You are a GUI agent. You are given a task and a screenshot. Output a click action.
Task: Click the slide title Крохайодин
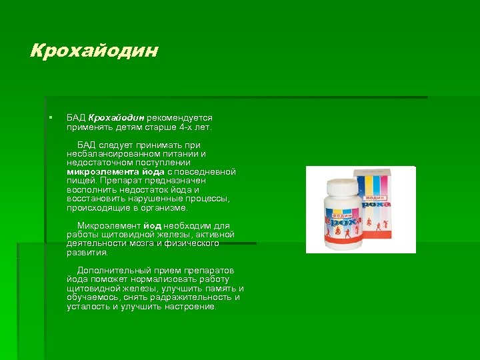95,51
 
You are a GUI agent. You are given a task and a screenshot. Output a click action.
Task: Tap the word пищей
81,180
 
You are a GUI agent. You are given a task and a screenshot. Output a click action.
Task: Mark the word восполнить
90,189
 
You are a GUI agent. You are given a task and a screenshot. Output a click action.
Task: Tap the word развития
87,253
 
